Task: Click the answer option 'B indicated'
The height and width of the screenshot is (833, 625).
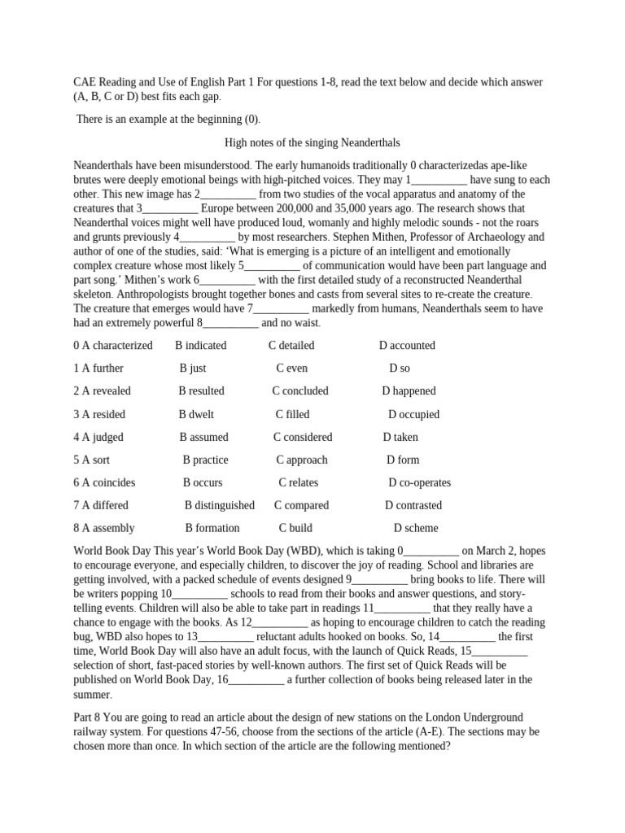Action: [200, 345]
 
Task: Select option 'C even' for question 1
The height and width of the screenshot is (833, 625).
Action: [291, 368]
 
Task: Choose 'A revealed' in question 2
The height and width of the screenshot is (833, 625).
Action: [102, 390]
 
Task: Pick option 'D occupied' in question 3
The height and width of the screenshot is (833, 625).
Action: [413, 414]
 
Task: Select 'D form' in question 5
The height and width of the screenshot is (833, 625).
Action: [403, 460]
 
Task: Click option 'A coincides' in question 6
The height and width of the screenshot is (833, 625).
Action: [104, 482]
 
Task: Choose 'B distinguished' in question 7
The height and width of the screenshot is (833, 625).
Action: [219, 505]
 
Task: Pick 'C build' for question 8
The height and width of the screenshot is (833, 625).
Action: [295, 528]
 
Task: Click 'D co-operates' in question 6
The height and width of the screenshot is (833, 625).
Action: [419, 482]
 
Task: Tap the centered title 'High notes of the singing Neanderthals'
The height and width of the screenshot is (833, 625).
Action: [312, 142]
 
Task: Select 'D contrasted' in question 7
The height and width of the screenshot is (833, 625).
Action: [413, 505]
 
